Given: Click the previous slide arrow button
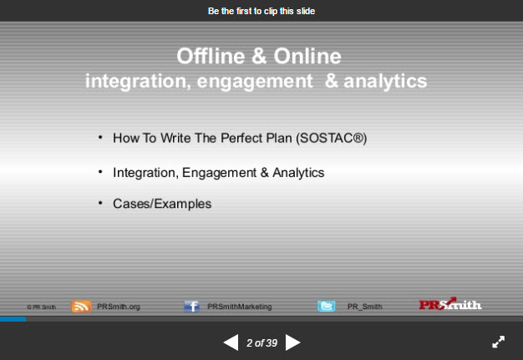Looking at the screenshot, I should (231, 342).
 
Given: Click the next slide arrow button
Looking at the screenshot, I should (292, 342).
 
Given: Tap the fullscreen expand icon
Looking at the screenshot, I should (498, 342).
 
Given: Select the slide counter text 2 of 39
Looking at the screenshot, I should (261, 342).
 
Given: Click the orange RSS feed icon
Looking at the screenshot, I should (81, 306).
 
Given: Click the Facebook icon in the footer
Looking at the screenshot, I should (191, 307).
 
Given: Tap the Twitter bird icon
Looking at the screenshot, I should (327, 307).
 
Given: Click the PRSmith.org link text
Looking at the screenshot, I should (118, 307).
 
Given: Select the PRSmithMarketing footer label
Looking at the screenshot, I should (239, 307).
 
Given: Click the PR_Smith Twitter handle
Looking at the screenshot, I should (364, 307).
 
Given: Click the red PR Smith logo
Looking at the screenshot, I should (449, 305).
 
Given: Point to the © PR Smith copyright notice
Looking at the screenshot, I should (41, 307).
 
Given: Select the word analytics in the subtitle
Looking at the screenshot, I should (385, 81).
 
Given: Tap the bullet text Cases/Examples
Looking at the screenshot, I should (162, 203).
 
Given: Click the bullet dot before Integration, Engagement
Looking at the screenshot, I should (100, 171).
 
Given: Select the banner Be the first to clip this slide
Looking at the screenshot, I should (261, 11).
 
